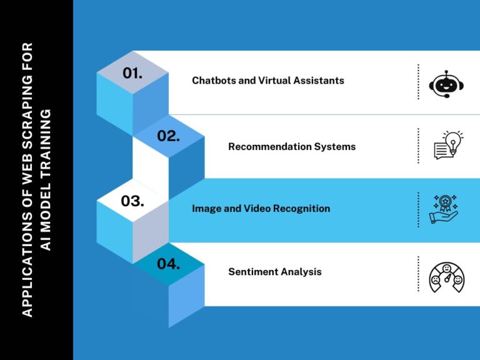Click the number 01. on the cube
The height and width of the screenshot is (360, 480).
(132, 73)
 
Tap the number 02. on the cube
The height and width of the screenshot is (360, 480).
(168, 136)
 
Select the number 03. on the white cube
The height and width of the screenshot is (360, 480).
(132, 201)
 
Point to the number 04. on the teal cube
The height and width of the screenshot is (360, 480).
(168, 264)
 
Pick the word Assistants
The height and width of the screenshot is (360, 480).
(319, 80)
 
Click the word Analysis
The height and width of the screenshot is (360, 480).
(301, 272)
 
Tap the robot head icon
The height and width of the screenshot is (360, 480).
(446, 84)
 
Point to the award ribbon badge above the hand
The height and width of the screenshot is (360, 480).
(445, 203)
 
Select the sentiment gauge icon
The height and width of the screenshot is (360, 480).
(447, 277)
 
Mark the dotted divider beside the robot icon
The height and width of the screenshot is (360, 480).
(418, 82)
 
